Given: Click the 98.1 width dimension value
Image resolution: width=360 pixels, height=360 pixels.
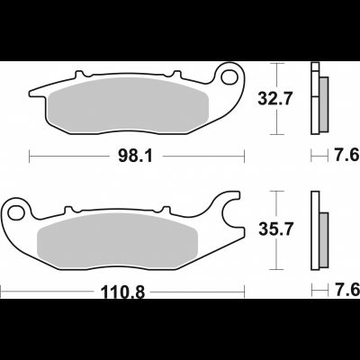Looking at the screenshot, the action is (135, 156).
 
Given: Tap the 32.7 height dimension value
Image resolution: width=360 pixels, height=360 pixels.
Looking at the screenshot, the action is (274, 99).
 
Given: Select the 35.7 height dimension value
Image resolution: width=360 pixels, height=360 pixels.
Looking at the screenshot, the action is (275, 229).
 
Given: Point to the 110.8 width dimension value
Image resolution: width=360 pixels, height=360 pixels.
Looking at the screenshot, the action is (122, 292).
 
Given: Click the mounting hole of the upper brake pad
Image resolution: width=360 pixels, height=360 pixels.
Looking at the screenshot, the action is (229, 76).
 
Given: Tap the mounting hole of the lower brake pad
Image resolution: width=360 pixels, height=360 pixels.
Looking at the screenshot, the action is (16, 212).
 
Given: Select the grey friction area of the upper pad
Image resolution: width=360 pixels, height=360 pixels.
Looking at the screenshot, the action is (129, 105).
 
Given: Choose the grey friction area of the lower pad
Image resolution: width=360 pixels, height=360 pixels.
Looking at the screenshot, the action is (117, 240).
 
